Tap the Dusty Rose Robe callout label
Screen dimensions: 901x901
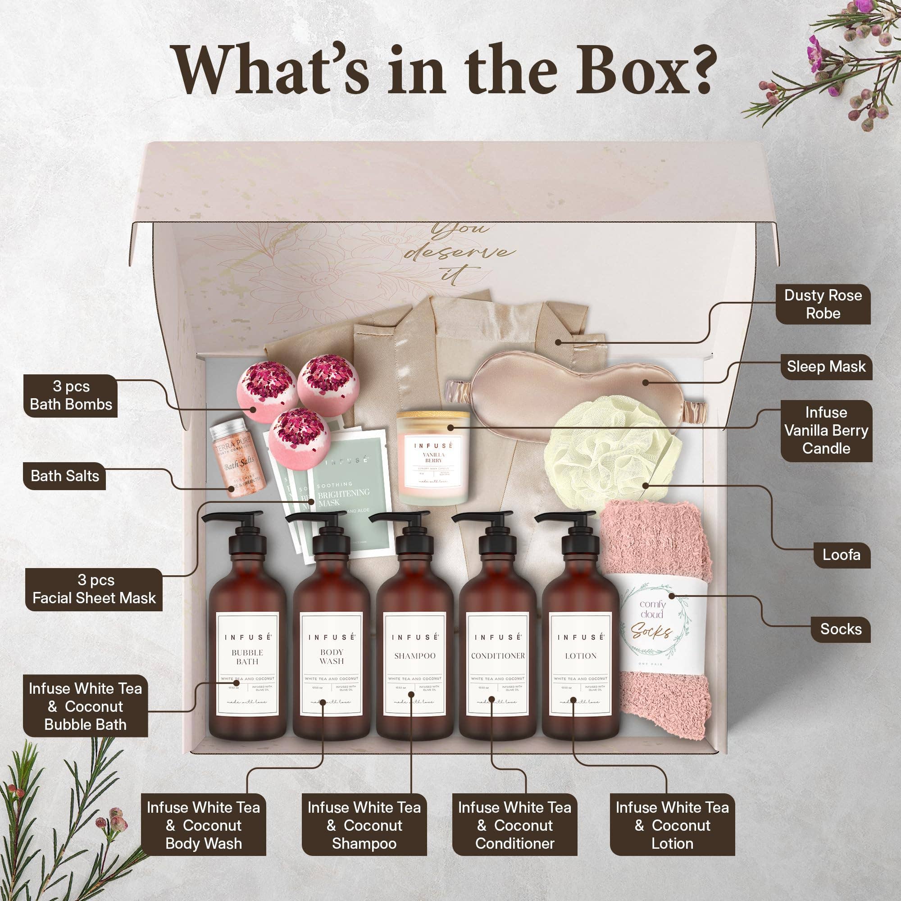tap(823, 304)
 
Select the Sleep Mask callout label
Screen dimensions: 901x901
tap(826, 367)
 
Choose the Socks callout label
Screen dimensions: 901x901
tap(841, 628)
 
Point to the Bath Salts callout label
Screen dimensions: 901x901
tap(65, 476)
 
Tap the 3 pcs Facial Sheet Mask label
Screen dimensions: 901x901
tap(94, 589)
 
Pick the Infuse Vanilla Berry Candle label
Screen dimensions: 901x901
tap(826, 430)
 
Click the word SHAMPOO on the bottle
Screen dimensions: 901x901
tap(414, 655)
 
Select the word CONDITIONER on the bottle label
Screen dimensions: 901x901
tap(498, 655)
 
